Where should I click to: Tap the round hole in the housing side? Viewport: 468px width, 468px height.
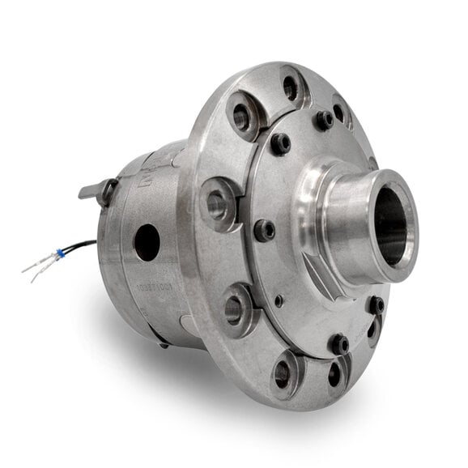click(x=147, y=242)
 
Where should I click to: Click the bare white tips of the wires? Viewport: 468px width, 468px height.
click(x=30, y=267)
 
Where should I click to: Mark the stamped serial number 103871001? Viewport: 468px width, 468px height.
click(x=152, y=284)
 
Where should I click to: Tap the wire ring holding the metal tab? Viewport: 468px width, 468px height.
click(x=106, y=192)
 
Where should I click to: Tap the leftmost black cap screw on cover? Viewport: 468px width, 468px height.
click(x=264, y=230)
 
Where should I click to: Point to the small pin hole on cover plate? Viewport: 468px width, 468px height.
click(x=279, y=300)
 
